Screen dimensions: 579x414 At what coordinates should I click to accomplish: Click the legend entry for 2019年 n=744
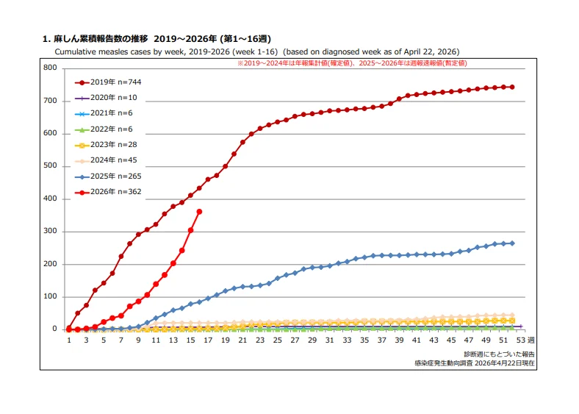(x=108, y=82)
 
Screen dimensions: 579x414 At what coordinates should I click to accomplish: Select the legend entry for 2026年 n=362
(x=108, y=192)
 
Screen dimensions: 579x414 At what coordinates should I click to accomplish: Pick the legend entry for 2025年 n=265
(x=108, y=176)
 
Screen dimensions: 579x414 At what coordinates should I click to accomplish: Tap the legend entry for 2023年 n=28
(x=106, y=145)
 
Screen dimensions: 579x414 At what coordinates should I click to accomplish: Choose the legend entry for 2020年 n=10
(x=106, y=98)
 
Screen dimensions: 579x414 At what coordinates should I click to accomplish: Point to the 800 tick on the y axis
(x=50, y=68)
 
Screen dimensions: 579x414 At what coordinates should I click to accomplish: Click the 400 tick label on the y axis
(x=50, y=199)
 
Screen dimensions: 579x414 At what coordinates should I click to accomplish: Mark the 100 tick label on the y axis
(x=50, y=296)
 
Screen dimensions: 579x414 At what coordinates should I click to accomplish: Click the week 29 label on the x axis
(x=312, y=340)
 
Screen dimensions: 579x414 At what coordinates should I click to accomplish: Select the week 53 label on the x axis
(x=521, y=340)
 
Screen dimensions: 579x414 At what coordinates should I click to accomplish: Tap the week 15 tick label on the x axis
(x=190, y=340)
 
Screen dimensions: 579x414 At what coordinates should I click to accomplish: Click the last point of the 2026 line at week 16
(x=199, y=212)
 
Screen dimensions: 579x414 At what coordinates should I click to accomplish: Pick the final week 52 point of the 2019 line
(x=512, y=88)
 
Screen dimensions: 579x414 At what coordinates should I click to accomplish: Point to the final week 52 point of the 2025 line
(x=512, y=243)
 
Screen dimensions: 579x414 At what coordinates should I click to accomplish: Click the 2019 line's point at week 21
(x=242, y=142)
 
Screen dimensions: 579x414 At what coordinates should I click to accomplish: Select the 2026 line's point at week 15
(x=190, y=230)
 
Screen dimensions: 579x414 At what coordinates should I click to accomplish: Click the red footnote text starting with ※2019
(x=352, y=63)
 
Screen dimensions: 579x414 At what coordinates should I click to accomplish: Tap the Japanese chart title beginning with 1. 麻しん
(x=157, y=39)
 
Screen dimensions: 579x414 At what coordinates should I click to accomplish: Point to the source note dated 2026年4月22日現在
(x=475, y=363)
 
